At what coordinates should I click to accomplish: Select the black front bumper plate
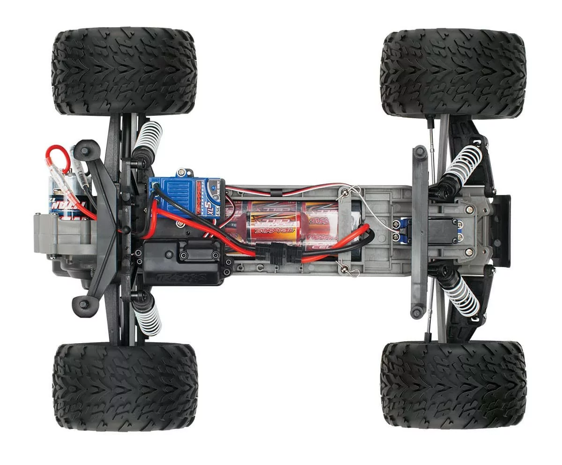501,230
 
